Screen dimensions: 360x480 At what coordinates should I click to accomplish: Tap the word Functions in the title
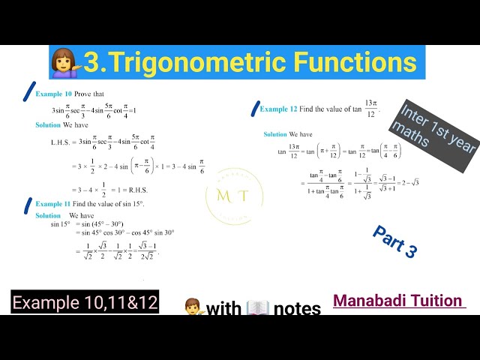point(354,61)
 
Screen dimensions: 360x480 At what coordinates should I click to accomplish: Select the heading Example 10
point(54,94)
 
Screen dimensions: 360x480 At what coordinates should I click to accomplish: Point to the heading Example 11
point(54,203)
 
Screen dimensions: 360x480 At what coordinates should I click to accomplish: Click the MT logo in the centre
point(233,196)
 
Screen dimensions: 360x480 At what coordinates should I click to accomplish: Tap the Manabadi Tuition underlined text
point(398,301)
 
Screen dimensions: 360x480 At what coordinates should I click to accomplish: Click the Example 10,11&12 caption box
point(85,303)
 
